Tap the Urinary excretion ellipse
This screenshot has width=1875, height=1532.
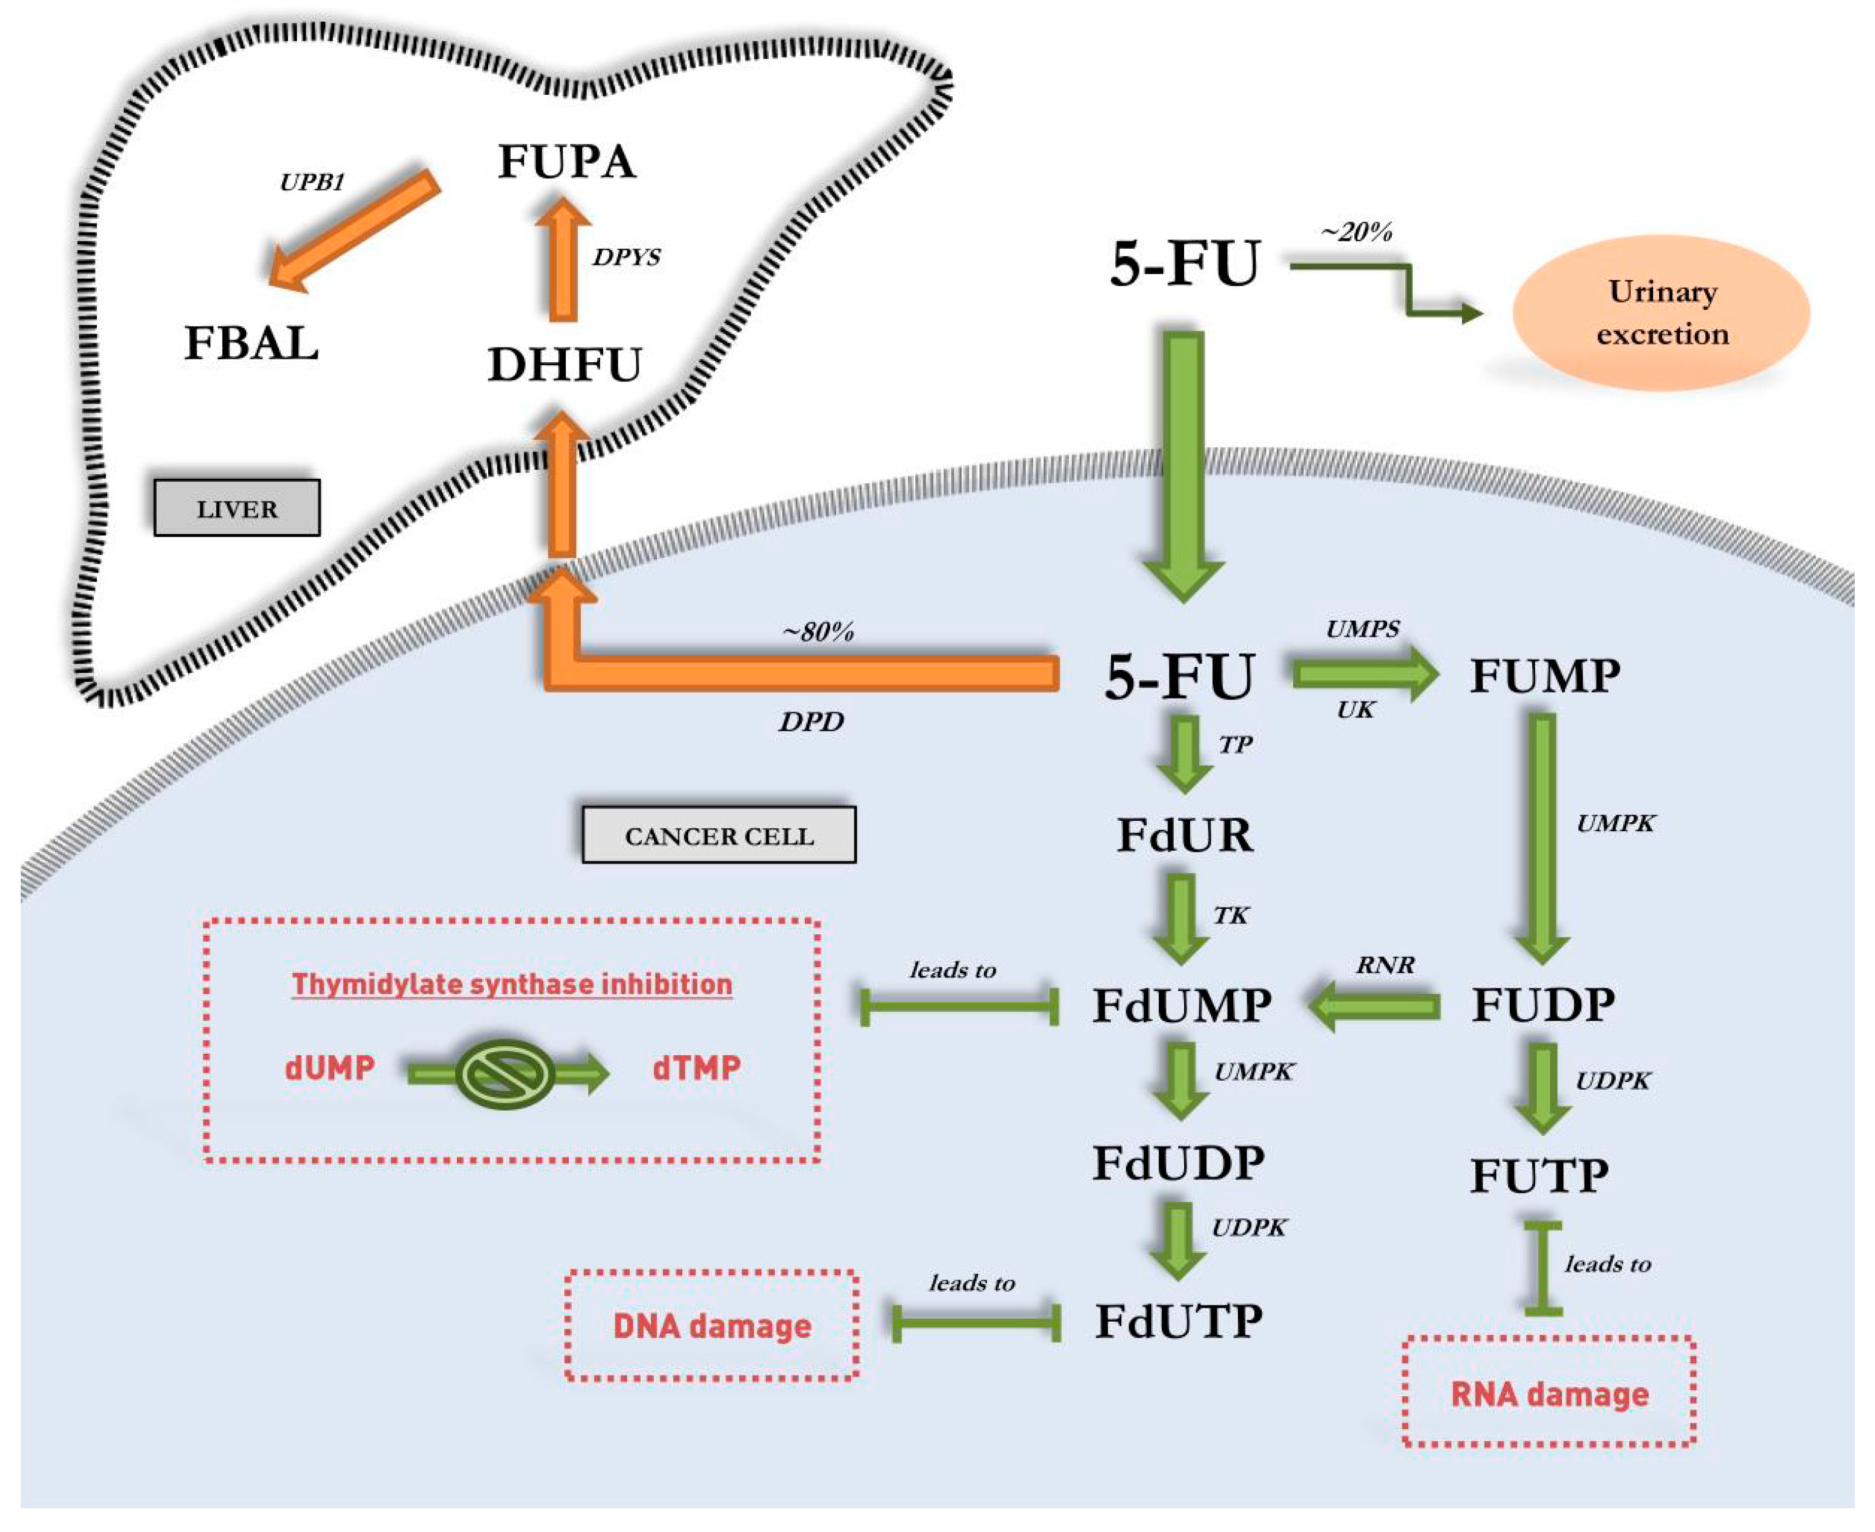[x=1661, y=313]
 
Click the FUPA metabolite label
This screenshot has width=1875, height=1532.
[x=566, y=162]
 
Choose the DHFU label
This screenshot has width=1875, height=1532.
[x=565, y=364]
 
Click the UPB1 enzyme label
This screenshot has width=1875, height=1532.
[x=311, y=183]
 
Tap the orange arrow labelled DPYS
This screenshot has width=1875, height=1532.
[x=563, y=260]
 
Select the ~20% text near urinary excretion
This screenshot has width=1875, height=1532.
[x=1356, y=232]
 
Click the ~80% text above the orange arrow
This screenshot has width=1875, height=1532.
[x=818, y=632]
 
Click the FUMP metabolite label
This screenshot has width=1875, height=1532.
[x=1544, y=676]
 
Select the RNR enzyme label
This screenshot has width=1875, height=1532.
[x=1385, y=965]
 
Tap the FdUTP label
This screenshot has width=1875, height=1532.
[x=1179, y=1322]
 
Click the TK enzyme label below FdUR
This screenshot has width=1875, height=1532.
[x=1230, y=915]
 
